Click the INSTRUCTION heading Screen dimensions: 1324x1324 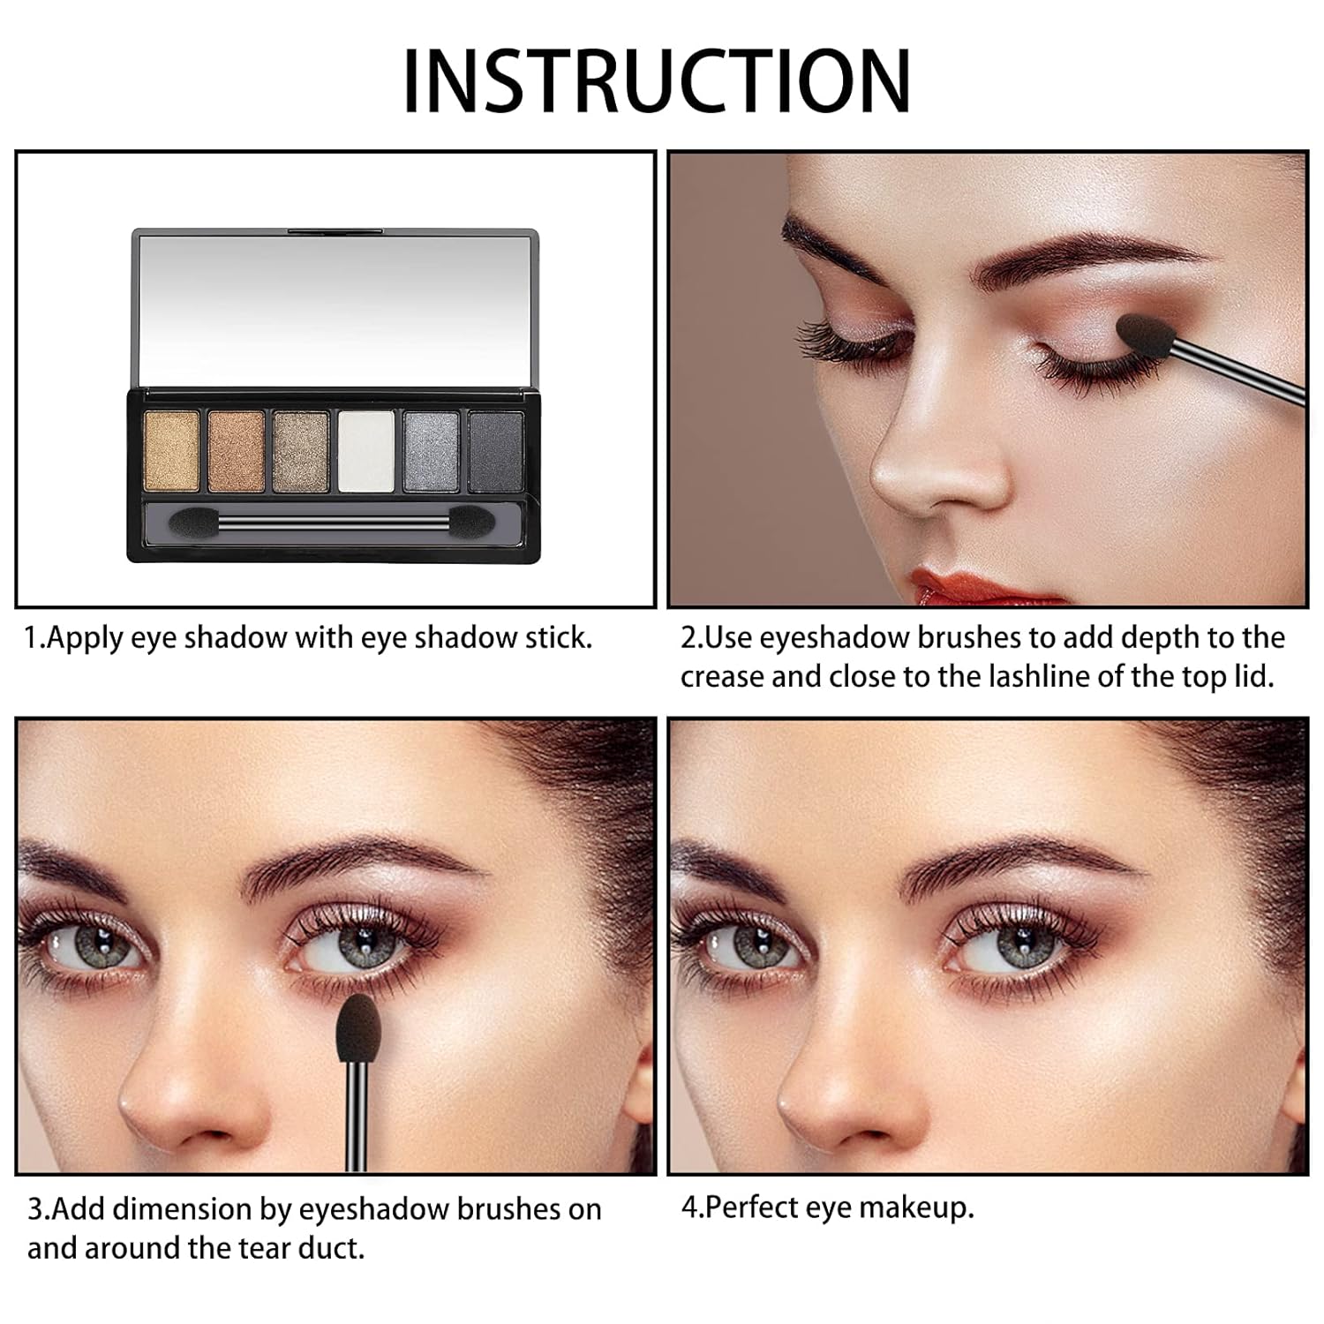point(657,80)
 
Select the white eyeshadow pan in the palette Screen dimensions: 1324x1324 point(366,451)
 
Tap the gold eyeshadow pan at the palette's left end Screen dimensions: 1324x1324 point(171,451)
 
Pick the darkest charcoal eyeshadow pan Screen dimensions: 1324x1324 point(496,451)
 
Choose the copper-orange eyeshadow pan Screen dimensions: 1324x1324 point(237,451)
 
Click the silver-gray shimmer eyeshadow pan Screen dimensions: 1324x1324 point(432,451)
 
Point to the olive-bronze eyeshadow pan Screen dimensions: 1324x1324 point(301,451)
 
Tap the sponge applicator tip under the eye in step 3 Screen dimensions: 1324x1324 point(358,1027)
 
